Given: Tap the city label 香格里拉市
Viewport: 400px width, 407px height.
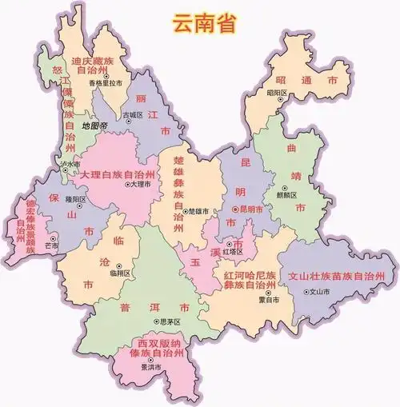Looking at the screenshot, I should (106, 83).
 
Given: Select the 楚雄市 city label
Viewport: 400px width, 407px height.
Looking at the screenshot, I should (198, 210).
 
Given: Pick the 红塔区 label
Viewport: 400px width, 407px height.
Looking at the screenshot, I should (233, 251).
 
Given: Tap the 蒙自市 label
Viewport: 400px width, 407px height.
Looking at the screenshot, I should (269, 300).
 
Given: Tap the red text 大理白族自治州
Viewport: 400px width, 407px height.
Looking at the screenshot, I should (117, 174).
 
